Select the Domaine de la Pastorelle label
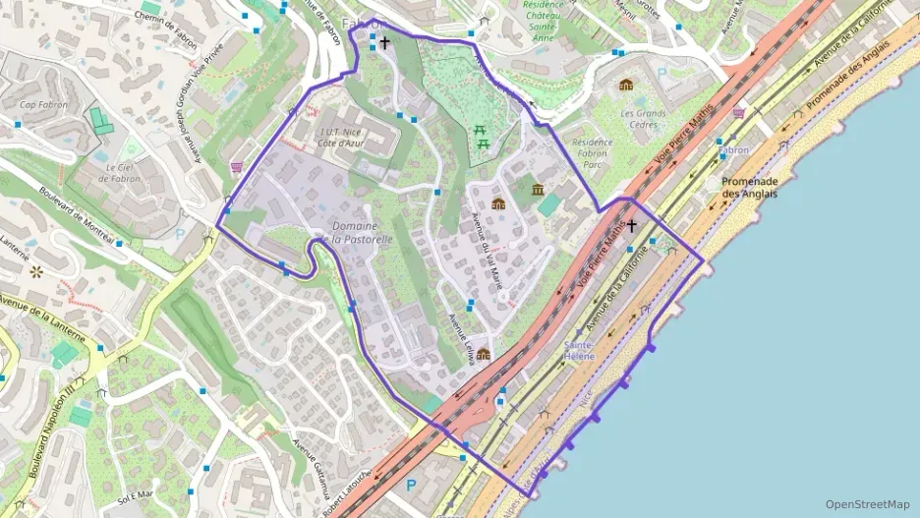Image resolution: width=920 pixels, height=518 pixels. (x=356, y=232)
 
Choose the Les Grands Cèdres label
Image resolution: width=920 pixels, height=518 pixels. (x=644, y=119)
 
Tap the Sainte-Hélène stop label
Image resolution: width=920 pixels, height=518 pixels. (x=579, y=350)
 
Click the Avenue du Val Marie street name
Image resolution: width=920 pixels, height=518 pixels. (x=488, y=250)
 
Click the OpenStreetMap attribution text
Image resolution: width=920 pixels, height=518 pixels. (x=867, y=504)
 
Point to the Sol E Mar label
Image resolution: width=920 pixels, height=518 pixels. (x=136, y=495)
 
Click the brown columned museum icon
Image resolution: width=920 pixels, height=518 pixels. (x=537, y=189)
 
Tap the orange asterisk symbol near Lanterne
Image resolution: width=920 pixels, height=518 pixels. (x=36, y=270)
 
